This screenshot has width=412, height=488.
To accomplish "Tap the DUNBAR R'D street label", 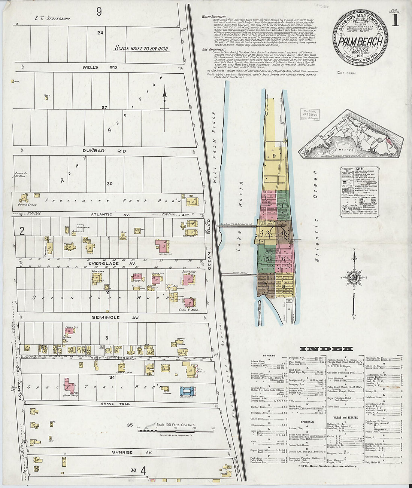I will (104, 151).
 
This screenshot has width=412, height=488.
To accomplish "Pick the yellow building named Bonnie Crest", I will (24, 198).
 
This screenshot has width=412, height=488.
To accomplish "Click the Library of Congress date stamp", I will (309, 114).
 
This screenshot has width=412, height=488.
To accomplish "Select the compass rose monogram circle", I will (354, 277).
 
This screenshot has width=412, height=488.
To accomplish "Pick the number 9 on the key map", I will (274, 156).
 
